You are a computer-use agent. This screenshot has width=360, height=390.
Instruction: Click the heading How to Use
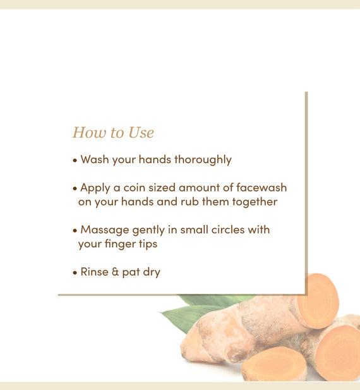coord(113,132)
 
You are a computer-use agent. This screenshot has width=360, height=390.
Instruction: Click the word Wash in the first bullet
coord(95,159)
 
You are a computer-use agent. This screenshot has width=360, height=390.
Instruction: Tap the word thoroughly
coord(203,160)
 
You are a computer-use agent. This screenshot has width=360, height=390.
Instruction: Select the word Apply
coord(95,188)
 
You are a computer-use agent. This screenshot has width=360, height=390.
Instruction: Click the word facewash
coord(261,187)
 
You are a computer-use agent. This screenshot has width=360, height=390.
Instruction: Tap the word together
coord(255,202)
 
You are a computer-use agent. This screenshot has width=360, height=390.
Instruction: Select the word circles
coord(228,229)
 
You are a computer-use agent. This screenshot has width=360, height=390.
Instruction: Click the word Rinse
coord(94,272)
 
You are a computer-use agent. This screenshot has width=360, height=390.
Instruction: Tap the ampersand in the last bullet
coord(116,272)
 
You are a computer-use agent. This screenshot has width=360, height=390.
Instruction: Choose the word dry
coord(152,272)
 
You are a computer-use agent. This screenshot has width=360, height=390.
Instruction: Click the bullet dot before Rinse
coord(75,273)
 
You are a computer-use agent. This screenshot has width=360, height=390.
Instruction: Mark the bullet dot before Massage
coord(75,231)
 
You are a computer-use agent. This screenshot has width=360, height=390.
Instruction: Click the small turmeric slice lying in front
coord(274,363)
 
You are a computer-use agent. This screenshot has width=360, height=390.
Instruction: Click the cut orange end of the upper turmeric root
coord(318,300)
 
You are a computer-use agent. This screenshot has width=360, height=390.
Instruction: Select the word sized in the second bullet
coord(162,188)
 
